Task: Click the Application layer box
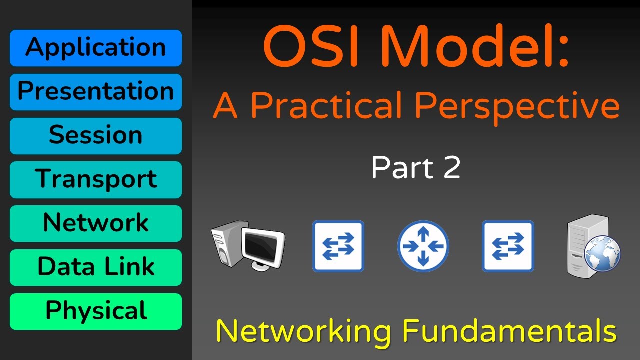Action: [x=95, y=48]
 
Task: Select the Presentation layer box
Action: [x=95, y=92]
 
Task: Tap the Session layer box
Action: [x=95, y=136]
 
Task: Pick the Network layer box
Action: [x=95, y=223]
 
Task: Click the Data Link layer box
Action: [x=95, y=267]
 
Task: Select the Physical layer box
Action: [x=95, y=311]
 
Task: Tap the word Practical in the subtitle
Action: [x=330, y=106]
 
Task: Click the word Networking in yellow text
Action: [x=303, y=331]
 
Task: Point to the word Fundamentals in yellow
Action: [x=509, y=330]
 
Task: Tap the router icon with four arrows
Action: [x=423, y=246]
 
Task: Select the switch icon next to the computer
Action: [x=338, y=246]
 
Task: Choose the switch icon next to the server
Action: [x=508, y=246]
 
